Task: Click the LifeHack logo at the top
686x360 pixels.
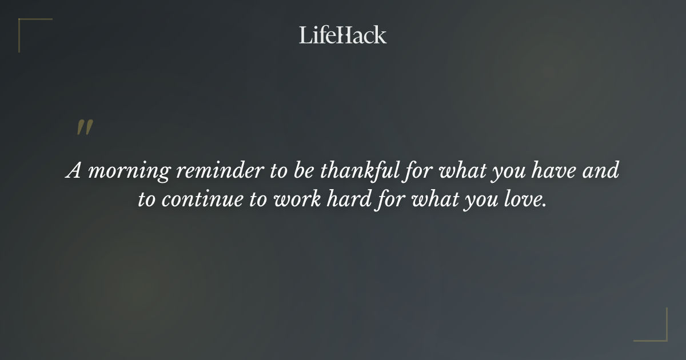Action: (x=342, y=35)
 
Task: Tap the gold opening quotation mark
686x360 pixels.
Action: (x=84, y=127)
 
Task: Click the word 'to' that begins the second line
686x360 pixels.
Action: (x=146, y=200)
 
